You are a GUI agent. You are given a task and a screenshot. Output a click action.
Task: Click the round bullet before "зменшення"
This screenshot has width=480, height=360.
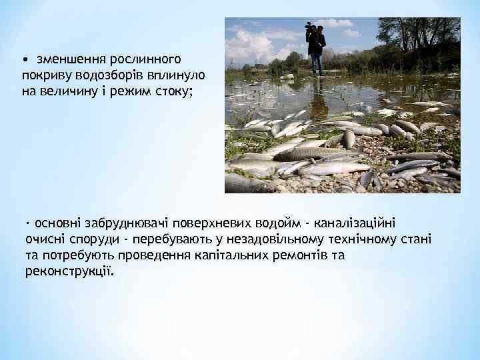coord(27,60)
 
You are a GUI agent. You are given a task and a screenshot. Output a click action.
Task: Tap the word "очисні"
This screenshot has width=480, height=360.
coord(41,239)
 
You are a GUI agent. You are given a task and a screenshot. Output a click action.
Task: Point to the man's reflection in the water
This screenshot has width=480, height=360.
coord(317,93)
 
